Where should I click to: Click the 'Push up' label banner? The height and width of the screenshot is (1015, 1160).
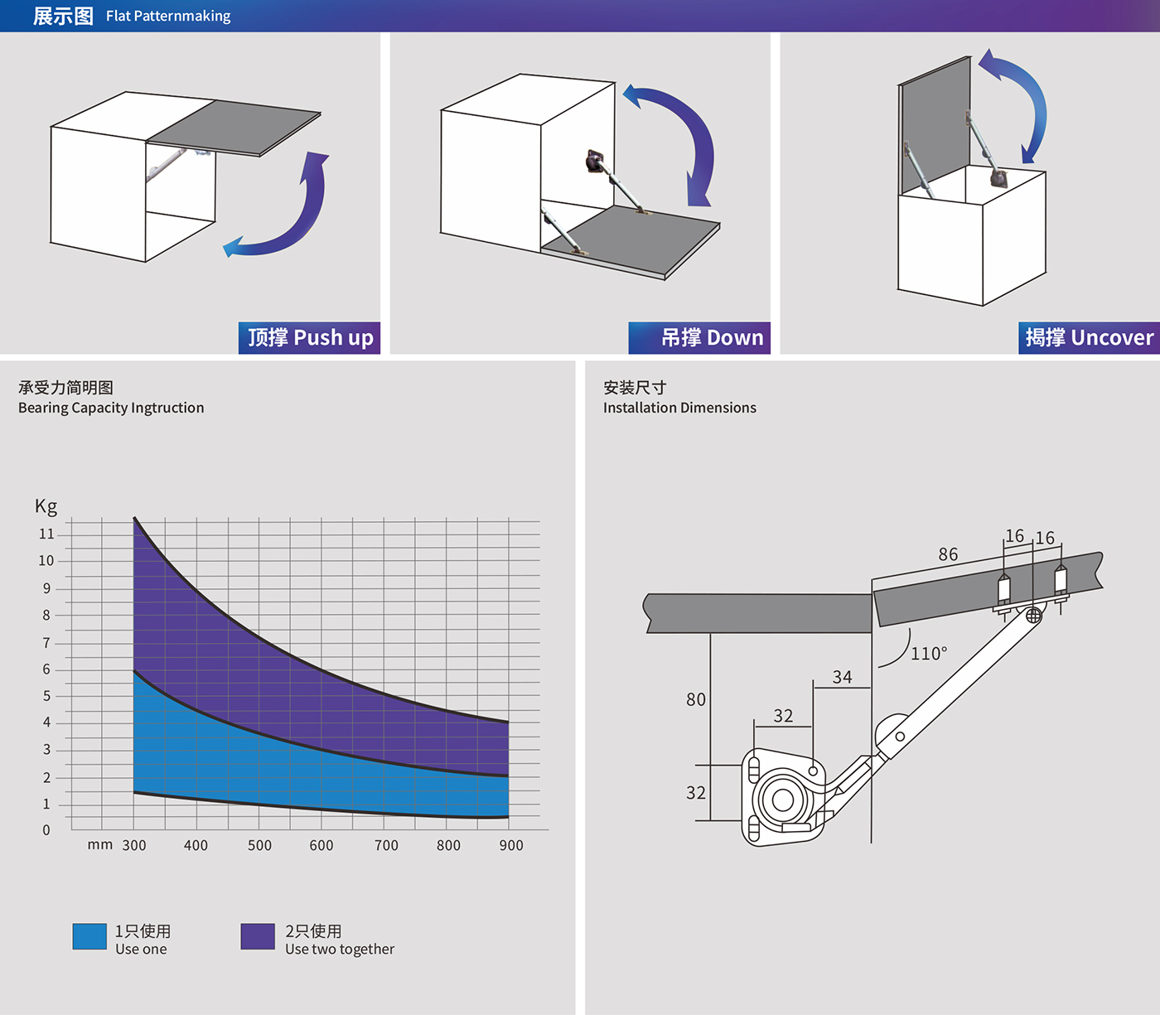point(309,338)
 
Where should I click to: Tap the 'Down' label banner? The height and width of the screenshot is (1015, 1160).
point(699,338)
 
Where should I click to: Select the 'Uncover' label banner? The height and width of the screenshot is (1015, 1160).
point(1089,338)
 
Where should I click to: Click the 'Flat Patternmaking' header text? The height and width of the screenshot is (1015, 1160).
point(168,17)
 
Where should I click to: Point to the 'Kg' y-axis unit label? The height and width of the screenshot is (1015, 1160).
point(46,506)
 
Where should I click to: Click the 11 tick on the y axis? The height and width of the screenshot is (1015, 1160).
point(46,534)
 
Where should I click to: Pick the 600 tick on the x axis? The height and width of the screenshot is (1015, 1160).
point(321,845)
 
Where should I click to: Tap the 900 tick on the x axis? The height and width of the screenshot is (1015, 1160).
point(511,845)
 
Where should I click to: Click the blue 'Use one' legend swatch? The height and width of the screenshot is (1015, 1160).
point(89,936)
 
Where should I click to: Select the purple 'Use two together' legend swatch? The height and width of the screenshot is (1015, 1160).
point(258,936)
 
